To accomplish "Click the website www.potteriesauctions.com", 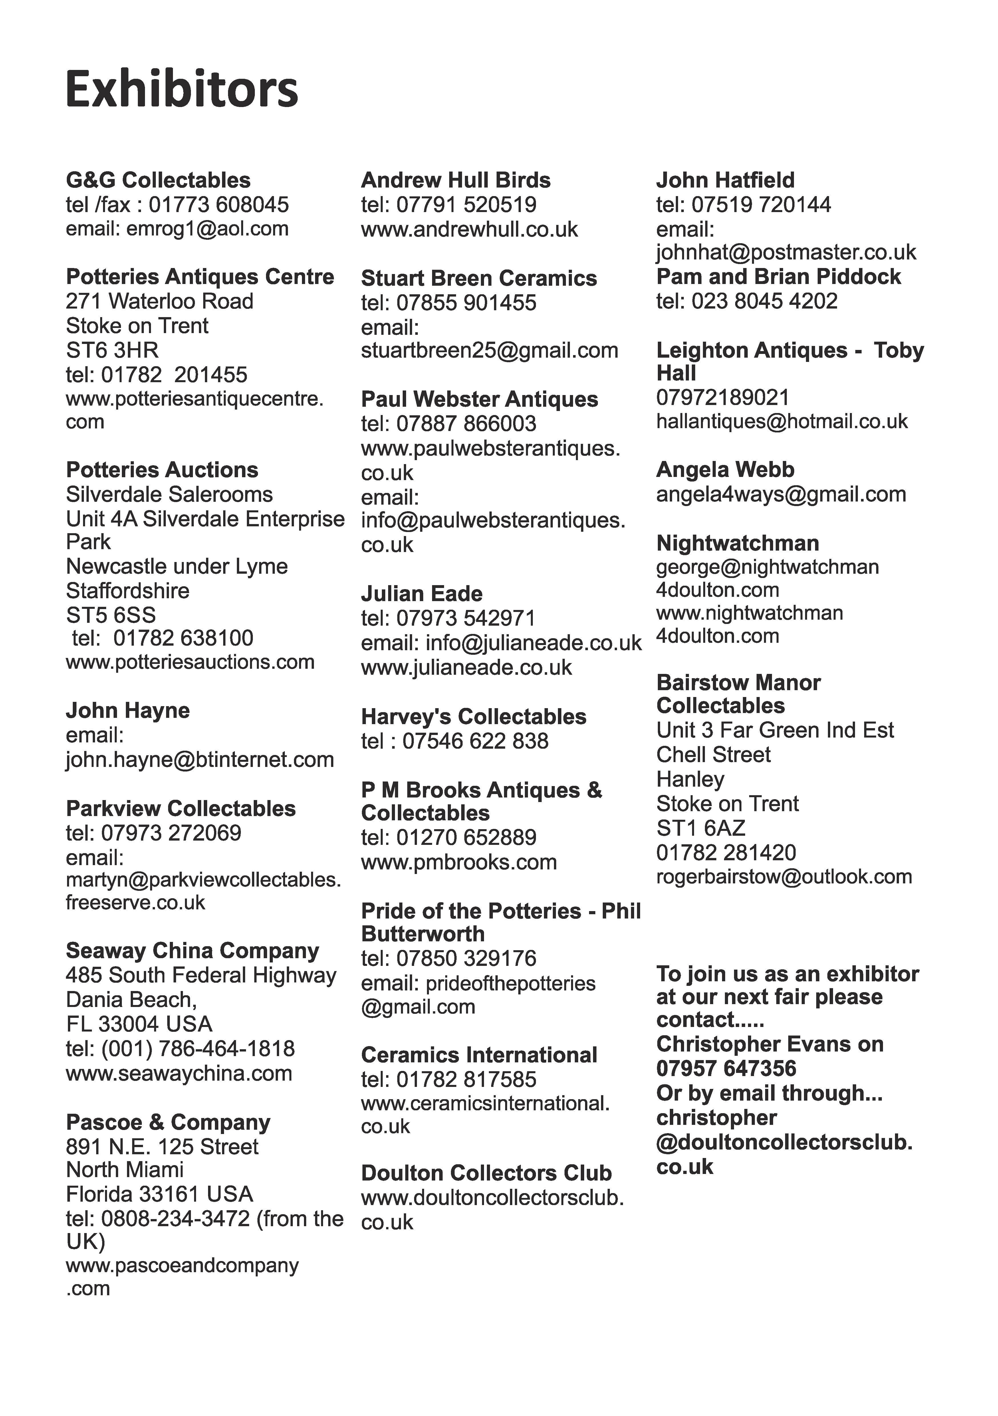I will pos(190,662).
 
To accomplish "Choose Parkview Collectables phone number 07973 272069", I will pos(171,833).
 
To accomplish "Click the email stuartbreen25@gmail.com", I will pos(489,350).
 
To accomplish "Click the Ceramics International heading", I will pos(479,1055).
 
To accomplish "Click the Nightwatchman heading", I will pos(738,543).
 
